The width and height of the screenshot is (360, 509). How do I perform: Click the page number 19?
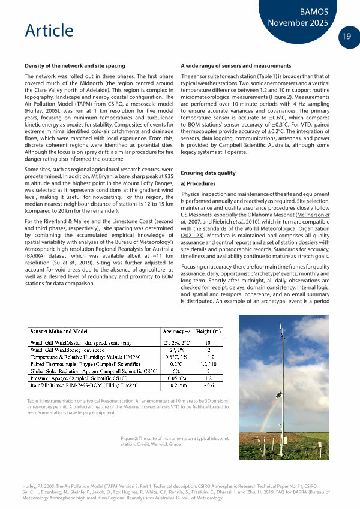[346, 37]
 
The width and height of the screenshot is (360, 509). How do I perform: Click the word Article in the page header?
[50, 31]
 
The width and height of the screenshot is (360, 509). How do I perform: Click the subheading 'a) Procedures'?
[199, 184]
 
